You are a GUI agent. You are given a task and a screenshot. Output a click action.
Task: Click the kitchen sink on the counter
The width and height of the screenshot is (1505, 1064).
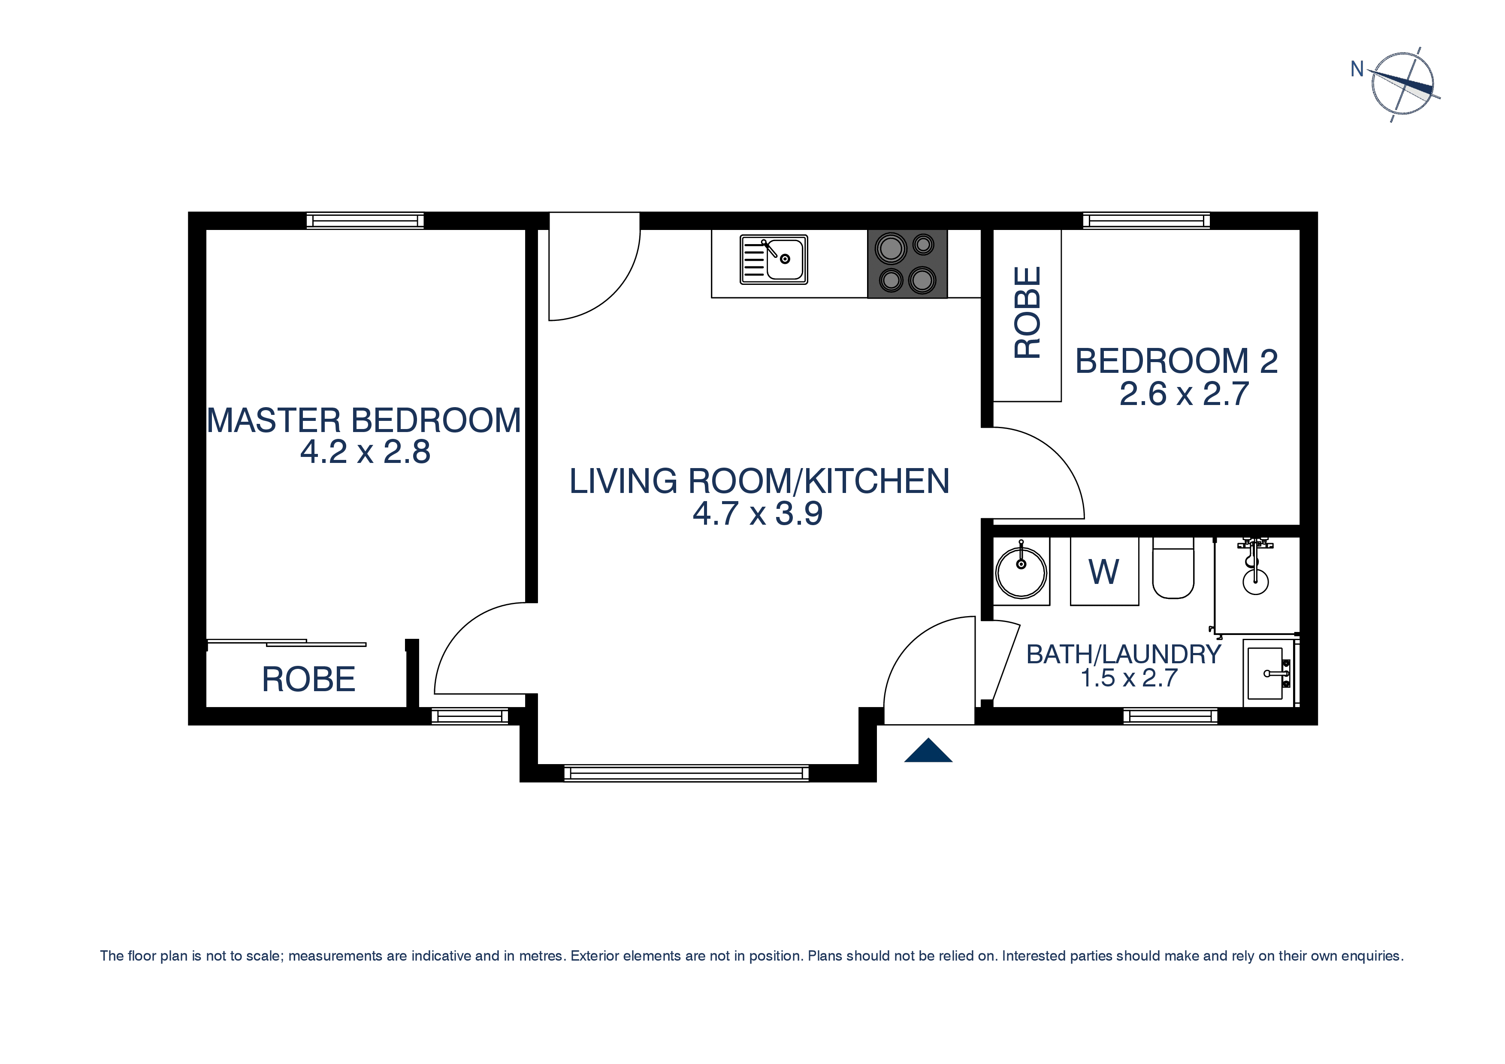tap(774, 260)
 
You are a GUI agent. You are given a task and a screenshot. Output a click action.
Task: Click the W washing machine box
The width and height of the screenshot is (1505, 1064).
tap(1104, 571)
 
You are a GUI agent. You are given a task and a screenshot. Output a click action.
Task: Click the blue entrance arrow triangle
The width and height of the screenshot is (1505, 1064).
tap(928, 751)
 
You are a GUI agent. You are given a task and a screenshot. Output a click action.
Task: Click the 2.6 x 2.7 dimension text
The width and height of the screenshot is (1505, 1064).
tap(1184, 394)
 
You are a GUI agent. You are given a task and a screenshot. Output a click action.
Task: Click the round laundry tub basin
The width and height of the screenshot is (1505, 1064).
tap(1021, 572)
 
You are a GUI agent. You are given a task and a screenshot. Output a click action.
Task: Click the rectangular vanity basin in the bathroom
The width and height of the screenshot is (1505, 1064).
tap(1266, 673)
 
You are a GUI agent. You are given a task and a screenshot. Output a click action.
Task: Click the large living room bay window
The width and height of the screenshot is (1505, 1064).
tap(686, 774)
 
